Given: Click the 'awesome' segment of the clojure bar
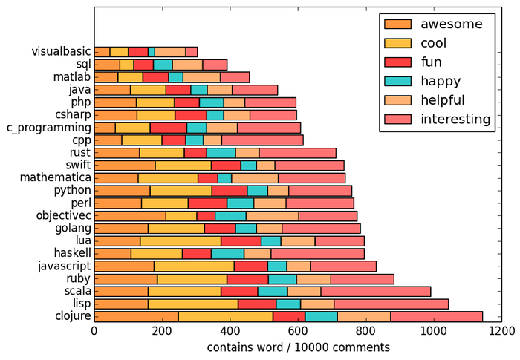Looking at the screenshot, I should coord(137,316).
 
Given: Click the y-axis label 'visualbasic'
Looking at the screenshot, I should coord(61,52).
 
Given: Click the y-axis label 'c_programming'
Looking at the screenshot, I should coord(48,127).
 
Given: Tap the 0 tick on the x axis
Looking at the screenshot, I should coord(94,332).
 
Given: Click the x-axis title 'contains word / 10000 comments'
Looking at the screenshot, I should coord(297,347).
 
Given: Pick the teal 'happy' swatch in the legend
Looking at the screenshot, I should coord(397,80).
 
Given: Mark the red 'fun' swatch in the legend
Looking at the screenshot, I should coord(397,62).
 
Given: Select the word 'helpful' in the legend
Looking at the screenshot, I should coord(443,99).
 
